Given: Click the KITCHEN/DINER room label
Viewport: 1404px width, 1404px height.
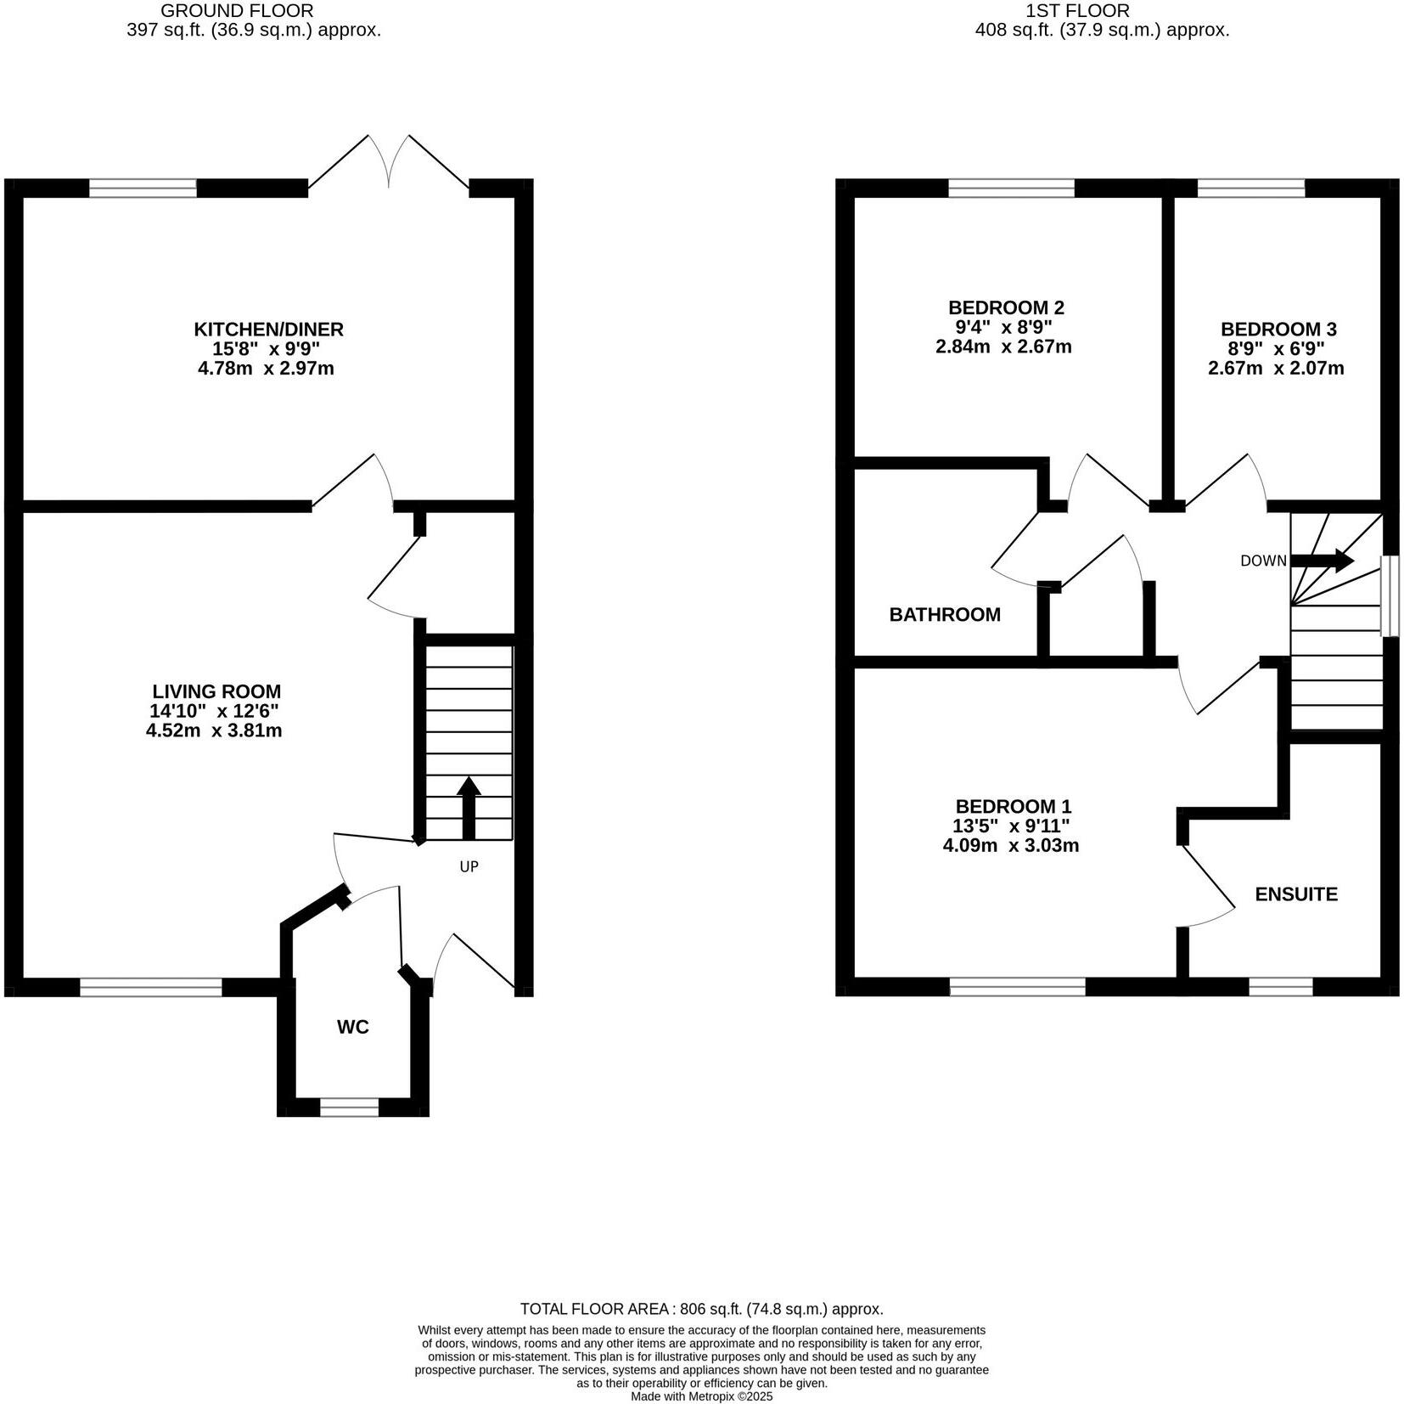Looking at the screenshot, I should point(268,329).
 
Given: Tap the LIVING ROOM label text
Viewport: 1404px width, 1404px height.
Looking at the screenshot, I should point(216,691).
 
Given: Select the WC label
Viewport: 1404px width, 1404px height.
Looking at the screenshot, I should point(353,1027).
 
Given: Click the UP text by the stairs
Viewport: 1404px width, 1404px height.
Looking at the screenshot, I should point(469,866).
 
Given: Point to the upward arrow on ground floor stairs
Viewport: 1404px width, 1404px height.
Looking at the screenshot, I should point(469,807).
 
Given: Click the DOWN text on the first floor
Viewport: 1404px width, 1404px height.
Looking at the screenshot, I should point(1263,561).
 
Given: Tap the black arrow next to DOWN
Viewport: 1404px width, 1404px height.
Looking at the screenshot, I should point(1322,561).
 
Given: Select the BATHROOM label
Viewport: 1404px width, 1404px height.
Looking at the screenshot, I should point(945,614).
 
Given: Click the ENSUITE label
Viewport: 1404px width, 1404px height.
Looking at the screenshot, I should point(1296,894).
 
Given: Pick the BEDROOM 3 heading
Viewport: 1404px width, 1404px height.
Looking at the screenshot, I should point(1278,329).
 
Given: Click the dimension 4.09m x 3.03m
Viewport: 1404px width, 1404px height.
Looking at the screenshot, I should point(1010,845).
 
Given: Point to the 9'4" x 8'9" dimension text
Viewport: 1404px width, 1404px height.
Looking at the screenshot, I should point(1004,327).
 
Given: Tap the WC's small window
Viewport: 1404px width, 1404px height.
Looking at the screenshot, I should point(349,1107).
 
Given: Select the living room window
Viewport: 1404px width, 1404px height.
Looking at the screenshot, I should point(151,987).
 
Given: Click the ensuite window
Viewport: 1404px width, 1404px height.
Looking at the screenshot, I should point(1281,987).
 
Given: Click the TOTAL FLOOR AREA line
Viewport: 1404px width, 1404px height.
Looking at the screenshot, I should point(701,1309).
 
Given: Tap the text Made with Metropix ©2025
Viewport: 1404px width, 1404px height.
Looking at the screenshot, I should point(701,1396).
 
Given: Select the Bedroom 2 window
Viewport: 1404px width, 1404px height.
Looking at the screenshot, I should point(1011,188).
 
